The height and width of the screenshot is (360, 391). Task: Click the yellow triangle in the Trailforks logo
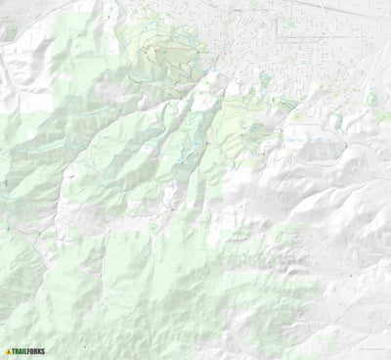coord(9,351)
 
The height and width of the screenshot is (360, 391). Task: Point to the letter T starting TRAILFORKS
coord(15,351)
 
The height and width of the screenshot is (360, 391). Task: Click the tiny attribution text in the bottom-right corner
coord(370,353)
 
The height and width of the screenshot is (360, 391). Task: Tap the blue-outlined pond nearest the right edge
coord(371,98)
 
